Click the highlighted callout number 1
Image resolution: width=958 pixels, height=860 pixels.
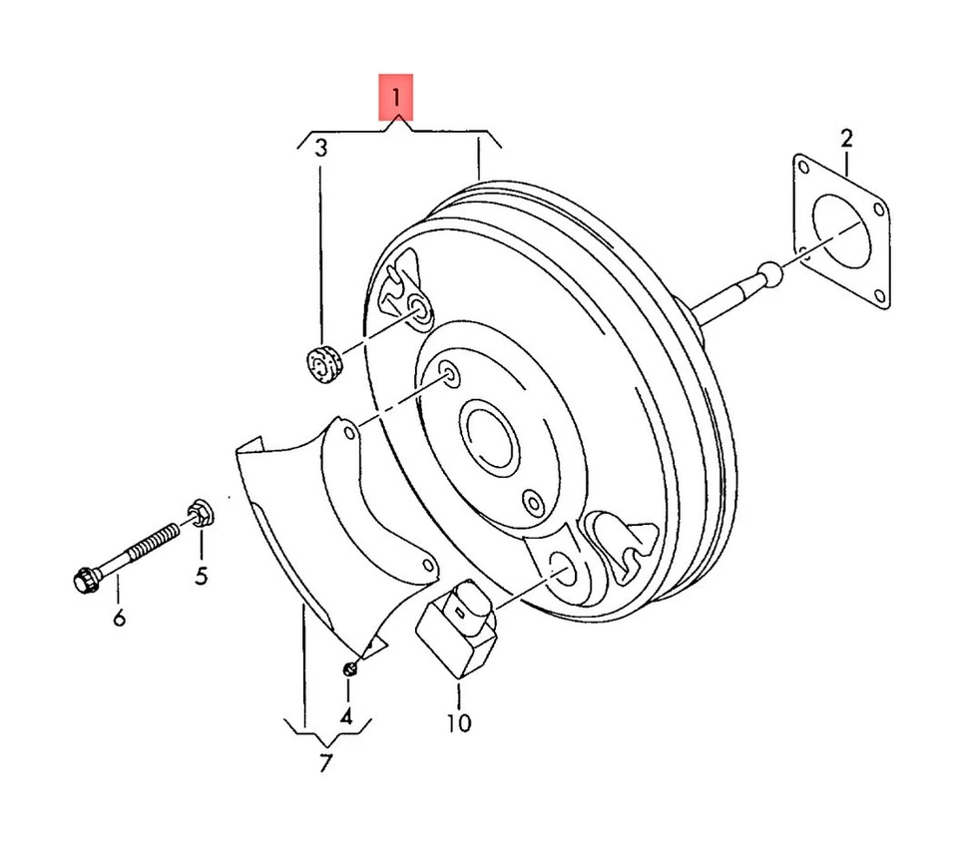click(x=395, y=98)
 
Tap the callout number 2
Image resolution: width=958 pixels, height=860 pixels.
click(x=846, y=138)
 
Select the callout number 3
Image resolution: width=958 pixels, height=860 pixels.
click(x=321, y=150)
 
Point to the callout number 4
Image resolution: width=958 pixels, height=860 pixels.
click(x=346, y=715)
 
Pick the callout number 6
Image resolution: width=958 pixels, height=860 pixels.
click(x=120, y=619)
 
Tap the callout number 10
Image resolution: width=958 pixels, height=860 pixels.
click(x=459, y=720)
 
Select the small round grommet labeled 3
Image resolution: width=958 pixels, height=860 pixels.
click(x=322, y=361)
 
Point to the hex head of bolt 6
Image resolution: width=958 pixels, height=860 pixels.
click(x=86, y=578)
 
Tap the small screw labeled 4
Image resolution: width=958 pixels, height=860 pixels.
click(x=350, y=666)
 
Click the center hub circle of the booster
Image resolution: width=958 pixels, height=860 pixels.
click(x=486, y=436)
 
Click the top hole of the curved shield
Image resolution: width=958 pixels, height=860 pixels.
click(x=341, y=433)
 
